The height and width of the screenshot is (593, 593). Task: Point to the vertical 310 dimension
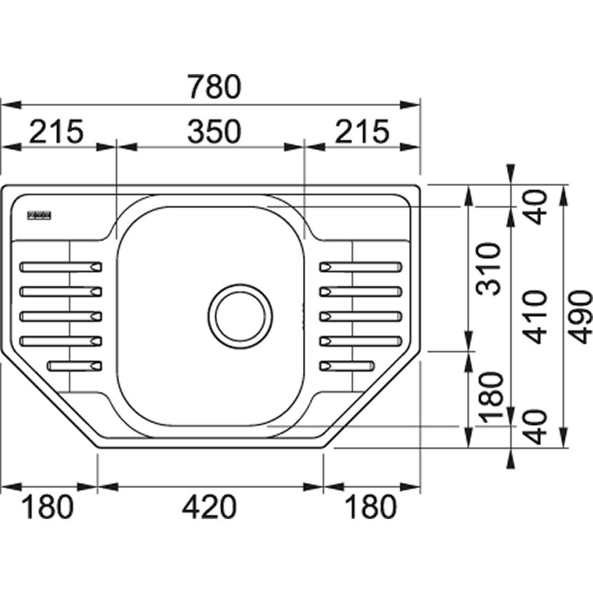coord(490,269)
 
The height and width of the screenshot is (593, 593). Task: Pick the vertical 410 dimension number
coord(535,317)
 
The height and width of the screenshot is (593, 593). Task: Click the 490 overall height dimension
coord(580,317)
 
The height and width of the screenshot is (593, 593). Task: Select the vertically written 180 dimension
coord(490,397)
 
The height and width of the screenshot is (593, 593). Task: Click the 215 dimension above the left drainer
coord(55,131)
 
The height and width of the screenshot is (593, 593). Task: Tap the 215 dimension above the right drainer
coord(363,131)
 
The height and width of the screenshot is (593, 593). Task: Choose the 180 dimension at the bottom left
coord(48,507)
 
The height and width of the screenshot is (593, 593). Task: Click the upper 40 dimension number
coord(535,206)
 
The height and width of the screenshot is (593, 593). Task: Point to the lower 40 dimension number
coord(535,425)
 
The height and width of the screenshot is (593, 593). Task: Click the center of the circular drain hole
coord(240,316)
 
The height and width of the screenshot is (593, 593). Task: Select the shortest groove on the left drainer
coord(75,365)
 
